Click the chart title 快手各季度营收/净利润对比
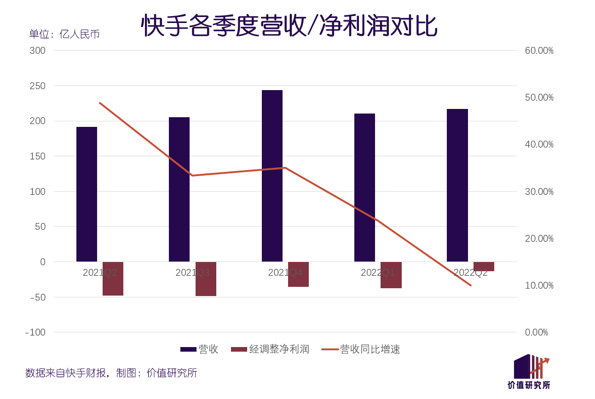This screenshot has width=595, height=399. [289, 25]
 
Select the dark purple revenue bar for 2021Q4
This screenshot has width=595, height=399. [272, 176]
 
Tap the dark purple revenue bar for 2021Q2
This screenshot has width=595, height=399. [87, 194]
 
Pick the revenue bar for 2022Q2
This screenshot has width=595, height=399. [457, 185]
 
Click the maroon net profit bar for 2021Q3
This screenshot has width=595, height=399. [206, 279]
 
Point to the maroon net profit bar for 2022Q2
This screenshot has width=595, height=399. [484, 267]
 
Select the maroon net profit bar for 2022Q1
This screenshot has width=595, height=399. [391, 275]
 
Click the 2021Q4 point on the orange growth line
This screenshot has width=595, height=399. [285, 168]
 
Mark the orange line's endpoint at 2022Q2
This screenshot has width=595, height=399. [471, 285]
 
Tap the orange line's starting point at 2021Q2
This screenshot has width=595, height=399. [100, 103]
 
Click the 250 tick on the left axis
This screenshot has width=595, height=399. [38, 86]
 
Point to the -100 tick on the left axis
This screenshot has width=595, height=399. [35, 332]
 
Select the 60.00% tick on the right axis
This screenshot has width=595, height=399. [539, 51]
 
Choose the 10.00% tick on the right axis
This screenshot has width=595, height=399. [539, 285]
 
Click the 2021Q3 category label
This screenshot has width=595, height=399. [192, 273]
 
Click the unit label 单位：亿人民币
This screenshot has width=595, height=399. [64, 34]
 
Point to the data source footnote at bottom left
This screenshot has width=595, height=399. [111, 373]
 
